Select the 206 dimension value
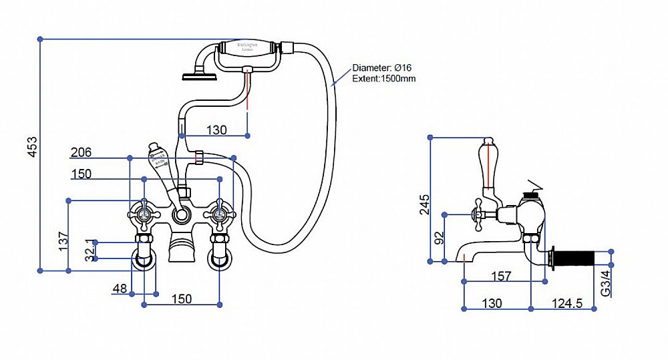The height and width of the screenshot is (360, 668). [x=81, y=153]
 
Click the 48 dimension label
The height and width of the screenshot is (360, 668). [x=120, y=289]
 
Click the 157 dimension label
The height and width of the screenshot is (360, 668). [x=501, y=276]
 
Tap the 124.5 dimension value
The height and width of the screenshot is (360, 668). [x=567, y=303]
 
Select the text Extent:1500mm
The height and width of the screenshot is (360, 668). [x=384, y=79]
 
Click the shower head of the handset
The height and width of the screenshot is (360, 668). [x=198, y=73]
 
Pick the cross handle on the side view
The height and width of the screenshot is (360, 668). [x=478, y=215]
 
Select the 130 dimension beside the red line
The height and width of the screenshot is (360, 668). [x=216, y=130]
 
